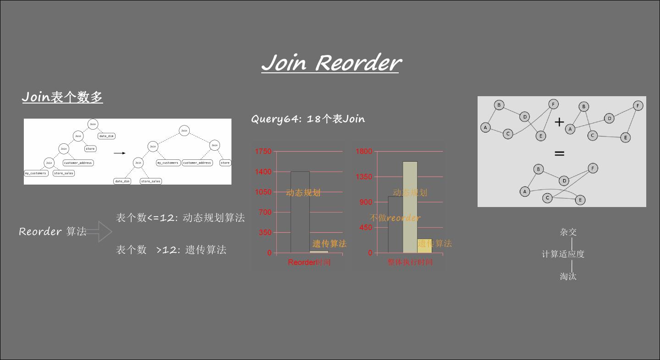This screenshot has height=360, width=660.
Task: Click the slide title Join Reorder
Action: click(331, 63)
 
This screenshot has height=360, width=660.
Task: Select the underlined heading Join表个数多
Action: click(62, 97)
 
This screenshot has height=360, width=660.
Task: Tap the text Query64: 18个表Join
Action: click(308, 119)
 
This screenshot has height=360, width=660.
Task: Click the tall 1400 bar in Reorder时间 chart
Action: click(300, 212)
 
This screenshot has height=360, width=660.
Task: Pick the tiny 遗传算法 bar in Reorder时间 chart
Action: click(319, 251)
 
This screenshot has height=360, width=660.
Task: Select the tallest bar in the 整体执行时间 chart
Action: click(410, 207)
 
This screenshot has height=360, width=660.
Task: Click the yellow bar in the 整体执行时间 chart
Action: click(424, 246)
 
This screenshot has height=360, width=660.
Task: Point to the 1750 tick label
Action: click(263, 152)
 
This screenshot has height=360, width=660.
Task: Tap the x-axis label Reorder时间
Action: click(309, 262)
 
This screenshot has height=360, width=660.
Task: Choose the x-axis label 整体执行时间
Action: click(410, 262)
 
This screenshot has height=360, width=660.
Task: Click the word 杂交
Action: click(568, 232)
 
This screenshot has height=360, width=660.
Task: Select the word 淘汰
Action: click(568, 276)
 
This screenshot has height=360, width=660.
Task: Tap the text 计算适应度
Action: click(563, 254)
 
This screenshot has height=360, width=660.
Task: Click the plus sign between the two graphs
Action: click(559, 122)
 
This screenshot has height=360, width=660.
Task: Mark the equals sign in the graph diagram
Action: click(559, 154)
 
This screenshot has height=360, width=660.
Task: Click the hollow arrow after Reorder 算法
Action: click(99, 232)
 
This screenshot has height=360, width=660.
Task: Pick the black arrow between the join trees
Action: click(120, 153)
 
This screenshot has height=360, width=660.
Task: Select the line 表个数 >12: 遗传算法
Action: click(171, 250)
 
